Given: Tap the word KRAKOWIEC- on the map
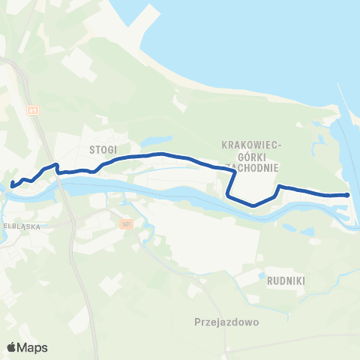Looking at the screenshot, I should coord(251,143).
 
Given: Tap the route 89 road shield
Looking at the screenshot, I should coord(32,109).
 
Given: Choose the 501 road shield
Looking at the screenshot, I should coord(126,223).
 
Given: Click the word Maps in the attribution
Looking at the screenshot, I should coord(34,347).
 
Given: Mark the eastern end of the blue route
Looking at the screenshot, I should coord(348,195).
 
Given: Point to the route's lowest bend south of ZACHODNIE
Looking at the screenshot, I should coord(253,205).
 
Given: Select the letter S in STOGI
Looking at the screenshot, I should coord(91,149).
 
